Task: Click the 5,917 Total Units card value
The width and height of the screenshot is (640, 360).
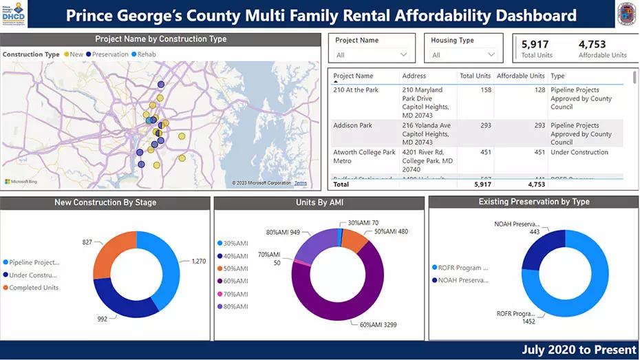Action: click(535, 45)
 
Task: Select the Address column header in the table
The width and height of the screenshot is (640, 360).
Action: click(415, 76)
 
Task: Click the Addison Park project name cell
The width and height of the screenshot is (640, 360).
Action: click(352, 126)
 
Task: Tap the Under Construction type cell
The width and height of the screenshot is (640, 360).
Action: click(579, 153)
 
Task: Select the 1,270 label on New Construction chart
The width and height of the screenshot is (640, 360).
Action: click(198, 262)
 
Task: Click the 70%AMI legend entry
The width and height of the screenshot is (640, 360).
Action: click(232, 294)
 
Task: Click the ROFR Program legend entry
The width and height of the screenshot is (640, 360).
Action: click(460, 268)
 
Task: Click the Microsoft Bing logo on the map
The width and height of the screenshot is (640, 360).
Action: click(22, 182)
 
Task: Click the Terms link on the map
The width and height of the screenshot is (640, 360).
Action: click(301, 183)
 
